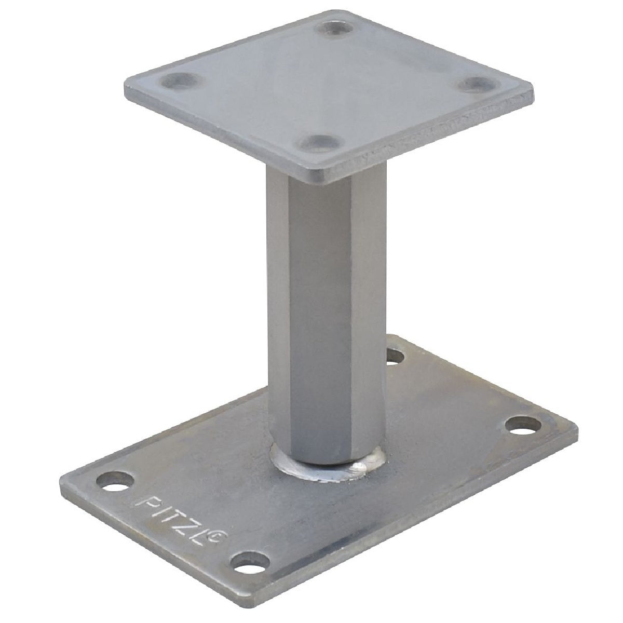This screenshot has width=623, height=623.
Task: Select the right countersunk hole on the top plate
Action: coord(475,85)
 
